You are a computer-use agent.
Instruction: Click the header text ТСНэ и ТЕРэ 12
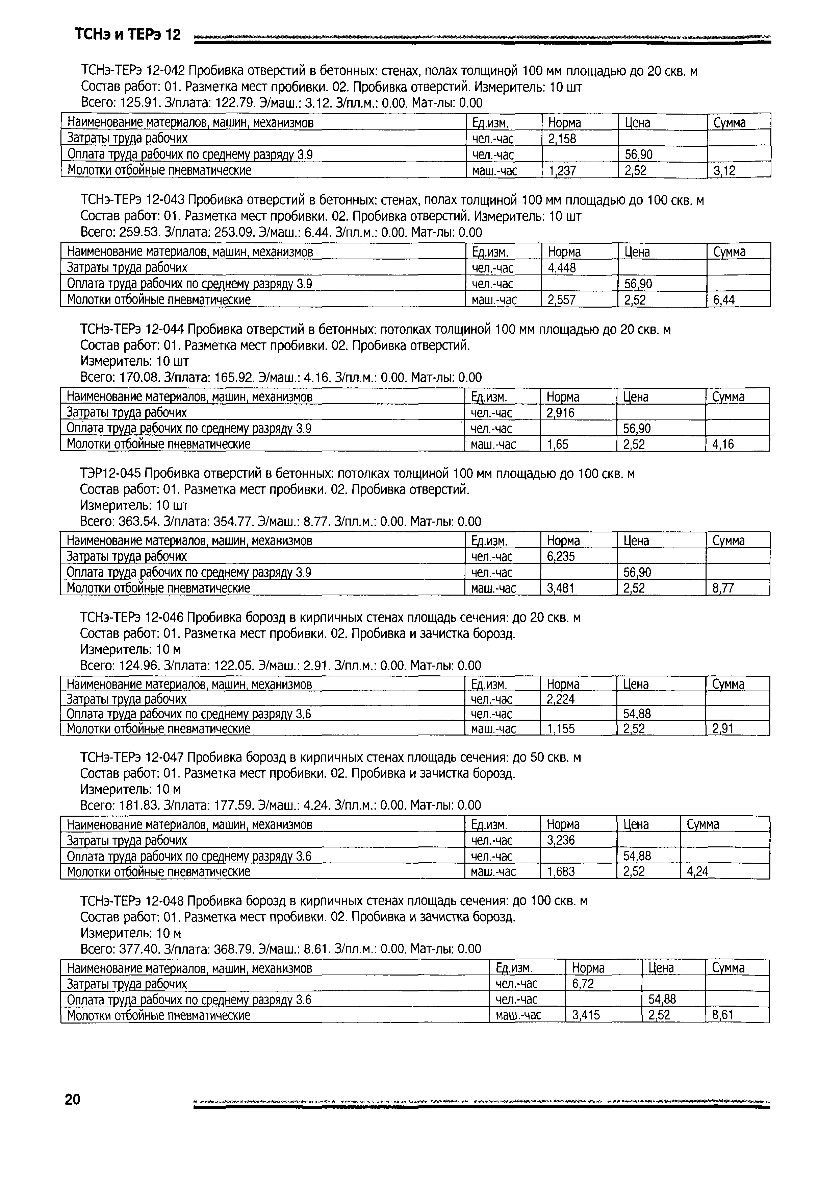(x=128, y=35)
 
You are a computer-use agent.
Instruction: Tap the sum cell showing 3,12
(x=724, y=171)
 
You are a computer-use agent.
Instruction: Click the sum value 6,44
(x=724, y=300)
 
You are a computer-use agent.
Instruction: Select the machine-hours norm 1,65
(x=558, y=444)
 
